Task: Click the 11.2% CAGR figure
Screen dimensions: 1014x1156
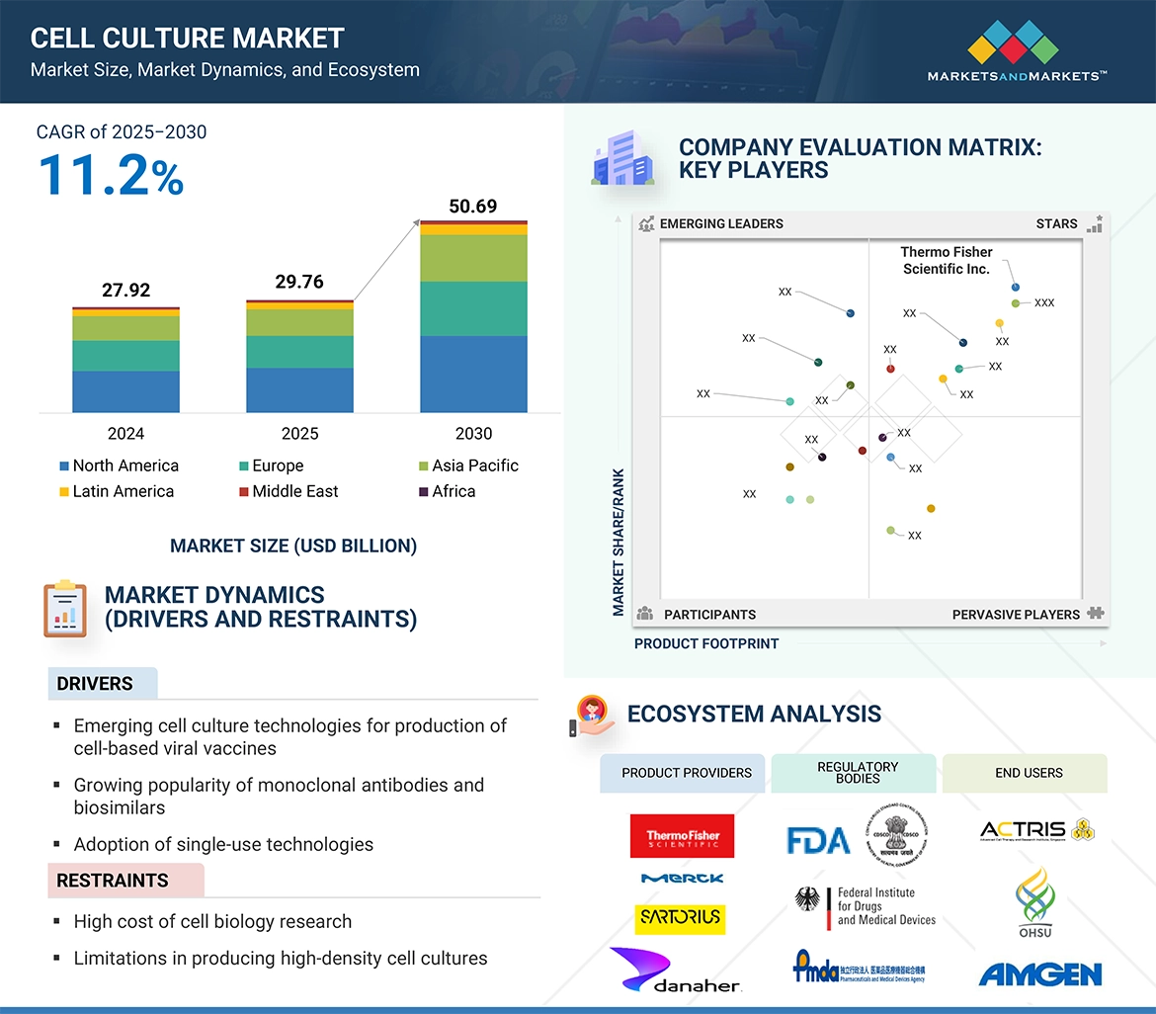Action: (x=111, y=175)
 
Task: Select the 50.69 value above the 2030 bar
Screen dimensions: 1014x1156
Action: (x=473, y=207)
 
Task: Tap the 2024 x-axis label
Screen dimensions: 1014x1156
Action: (x=125, y=434)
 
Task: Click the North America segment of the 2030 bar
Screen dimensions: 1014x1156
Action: (x=473, y=374)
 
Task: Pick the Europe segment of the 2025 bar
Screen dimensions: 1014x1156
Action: (x=299, y=352)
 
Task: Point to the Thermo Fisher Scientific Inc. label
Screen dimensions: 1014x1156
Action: (x=946, y=260)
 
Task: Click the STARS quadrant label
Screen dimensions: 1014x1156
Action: (x=1056, y=224)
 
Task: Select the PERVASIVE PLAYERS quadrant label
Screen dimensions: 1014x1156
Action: (x=1016, y=615)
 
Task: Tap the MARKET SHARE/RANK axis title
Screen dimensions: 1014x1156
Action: (x=619, y=542)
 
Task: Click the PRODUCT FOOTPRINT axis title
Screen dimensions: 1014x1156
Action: (x=706, y=643)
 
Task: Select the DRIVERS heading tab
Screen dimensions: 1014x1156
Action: (x=96, y=684)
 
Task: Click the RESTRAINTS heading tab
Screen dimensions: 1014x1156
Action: (x=113, y=881)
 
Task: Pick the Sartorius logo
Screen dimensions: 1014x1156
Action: (x=680, y=918)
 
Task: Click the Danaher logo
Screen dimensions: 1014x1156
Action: (x=675, y=971)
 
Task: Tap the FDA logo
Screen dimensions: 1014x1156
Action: (x=818, y=840)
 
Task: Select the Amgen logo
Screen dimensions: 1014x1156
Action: (x=1039, y=975)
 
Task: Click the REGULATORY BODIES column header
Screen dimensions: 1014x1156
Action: (x=858, y=773)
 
